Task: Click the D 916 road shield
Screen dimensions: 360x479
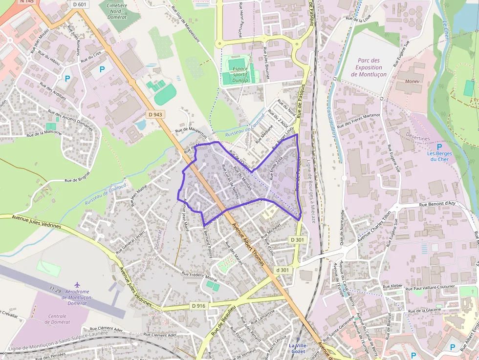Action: (x=199, y=306)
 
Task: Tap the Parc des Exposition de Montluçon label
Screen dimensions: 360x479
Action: (x=369, y=67)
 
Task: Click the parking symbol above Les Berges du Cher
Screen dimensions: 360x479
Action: (x=439, y=147)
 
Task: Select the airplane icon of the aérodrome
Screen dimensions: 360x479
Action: (x=77, y=284)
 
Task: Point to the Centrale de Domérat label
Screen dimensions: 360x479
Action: (x=58, y=319)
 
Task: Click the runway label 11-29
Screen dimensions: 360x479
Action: (x=55, y=290)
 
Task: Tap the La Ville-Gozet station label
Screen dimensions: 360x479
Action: (x=298, y=348)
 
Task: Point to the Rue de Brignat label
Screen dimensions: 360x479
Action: (x=78, y=177)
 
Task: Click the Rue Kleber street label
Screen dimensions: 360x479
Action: (x=392, y=286)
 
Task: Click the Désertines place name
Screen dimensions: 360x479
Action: (x=418, y=138)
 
